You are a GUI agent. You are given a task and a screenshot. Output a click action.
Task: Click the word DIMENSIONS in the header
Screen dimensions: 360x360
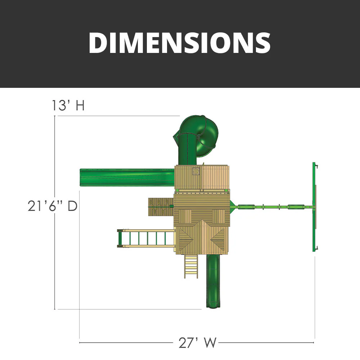click(x=180, y=43)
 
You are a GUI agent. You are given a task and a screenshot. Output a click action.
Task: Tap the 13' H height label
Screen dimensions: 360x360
click(x=68, y=106)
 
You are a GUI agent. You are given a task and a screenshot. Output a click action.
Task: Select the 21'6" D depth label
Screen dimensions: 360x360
click(x=53, y=206)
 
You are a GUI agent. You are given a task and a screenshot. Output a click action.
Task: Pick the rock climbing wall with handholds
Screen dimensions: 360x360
click(x=161, y=207)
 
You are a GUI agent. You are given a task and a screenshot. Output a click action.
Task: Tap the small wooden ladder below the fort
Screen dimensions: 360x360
click(x=191, y=266)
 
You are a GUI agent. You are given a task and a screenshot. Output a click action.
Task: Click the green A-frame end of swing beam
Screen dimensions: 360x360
click(x=315, y=207)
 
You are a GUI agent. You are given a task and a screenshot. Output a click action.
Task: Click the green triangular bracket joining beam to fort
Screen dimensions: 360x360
click(x=233, y=207)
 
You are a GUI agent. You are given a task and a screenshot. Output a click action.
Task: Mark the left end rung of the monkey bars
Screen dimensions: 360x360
click(x=120, y=238)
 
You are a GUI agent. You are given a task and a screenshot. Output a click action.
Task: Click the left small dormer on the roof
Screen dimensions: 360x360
click(x=185, y=216)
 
